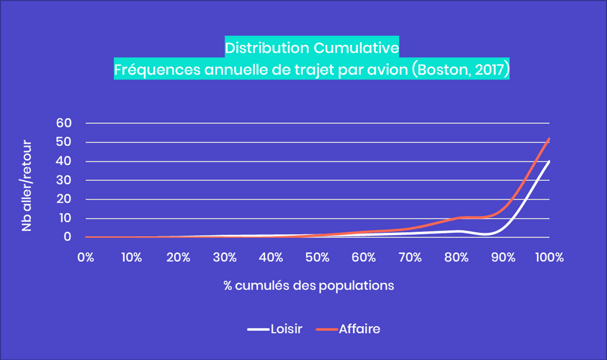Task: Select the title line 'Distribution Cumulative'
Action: coord(311,47)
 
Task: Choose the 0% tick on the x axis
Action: coord(86,257)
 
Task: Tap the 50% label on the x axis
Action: coord(317,257)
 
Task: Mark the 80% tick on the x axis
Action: coord(456,257)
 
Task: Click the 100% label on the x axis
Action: coord(549,257)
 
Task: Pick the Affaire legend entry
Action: coord(360,329)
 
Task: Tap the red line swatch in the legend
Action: coord(328,330)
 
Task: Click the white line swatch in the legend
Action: coord(257,330)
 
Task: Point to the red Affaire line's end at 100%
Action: coord(549,138)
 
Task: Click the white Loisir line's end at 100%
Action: coord(549,161)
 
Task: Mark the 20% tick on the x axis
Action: coord(178,257)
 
